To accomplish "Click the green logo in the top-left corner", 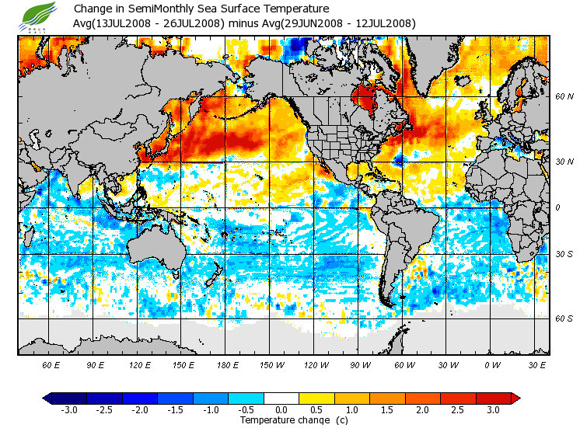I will pyautogui.click(x=40, y=15).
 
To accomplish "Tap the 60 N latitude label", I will pyautogui.click(x=564, y=97).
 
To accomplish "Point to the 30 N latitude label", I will pyautogui.click(x=564, y=162).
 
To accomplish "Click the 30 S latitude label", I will pyautogui.click(x=564, y=255).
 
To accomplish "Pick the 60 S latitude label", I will pyautogui.click(x=564, y=319).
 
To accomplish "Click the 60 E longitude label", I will pyautogui.click(x=51, y=364).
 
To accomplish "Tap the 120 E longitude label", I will pyautogui.click(x=141, y=364).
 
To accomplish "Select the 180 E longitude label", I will pyautogui.click(x=228, y=364).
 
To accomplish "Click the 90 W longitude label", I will pyautogui.click(x=360, y=364).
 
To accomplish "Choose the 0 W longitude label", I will pyautogui.click(x=492, y=364).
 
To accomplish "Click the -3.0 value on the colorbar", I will pyautogui.click(x=69, y=409).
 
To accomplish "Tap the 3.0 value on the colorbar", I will pyautogui.click(x=493, y=409).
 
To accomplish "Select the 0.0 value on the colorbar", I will pyautogui.click(x=281, y=409).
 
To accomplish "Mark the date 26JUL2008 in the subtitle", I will pyautogui.click(x=194, y=23).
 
